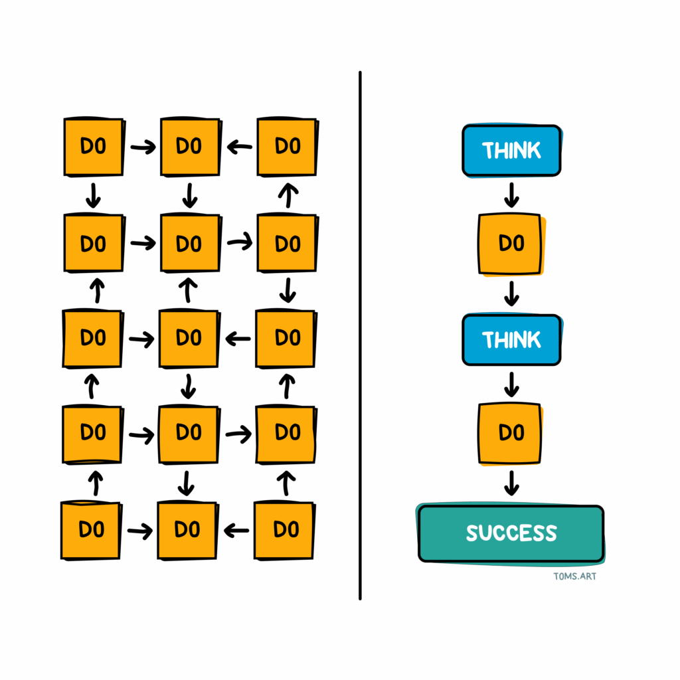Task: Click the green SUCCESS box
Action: pos(511,533)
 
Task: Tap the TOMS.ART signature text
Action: pos(574,576)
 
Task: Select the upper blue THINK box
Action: pos(512,151)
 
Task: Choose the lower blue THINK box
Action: pos(512,339)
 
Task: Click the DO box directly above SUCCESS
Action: pos(511,434)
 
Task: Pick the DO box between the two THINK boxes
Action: pos(511,244)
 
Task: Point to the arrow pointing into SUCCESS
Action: pos(512,483)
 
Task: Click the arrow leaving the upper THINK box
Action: pos(512,195)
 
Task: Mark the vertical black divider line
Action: pos(360,335)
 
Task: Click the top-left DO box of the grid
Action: pos(94,147)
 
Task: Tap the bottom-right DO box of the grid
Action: pos(284,531)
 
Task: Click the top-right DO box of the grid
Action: pos(288,147)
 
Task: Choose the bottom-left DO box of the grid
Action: pos(92,531)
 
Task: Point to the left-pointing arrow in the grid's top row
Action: pos(239,147)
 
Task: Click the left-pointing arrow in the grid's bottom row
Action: pos(236,531)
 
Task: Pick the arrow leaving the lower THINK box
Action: pos(512,384)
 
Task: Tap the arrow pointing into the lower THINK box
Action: pos(512,294)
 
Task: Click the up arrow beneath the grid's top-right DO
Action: pos(288,195)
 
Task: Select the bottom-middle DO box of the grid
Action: pos(187,531)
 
